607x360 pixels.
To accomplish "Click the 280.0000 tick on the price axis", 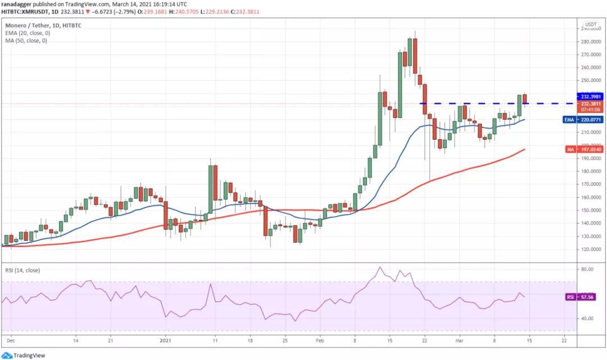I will [x=592, y=42].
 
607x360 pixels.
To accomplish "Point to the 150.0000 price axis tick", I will [x=592, y=210].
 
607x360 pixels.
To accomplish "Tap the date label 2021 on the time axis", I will [x=165, y=340].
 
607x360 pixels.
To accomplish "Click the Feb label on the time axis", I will [x=320, y=340].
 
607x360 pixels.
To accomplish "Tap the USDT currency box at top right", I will [x=591, y=25].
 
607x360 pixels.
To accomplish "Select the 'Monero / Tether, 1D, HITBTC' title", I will [x=43, y=25].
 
